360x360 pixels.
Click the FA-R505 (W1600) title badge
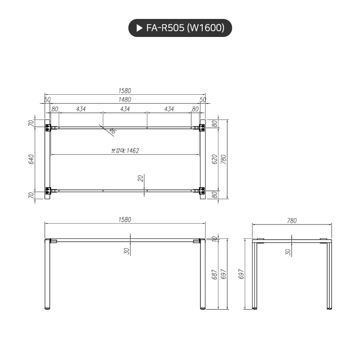180,28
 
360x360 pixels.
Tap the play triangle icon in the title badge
139,28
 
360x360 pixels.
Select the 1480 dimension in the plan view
125,100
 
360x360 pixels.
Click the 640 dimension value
32,159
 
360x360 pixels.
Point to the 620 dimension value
214,159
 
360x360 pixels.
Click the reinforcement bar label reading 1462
125,151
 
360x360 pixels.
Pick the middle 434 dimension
125,109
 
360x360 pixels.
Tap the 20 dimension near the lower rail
140,178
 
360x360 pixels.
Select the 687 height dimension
214,274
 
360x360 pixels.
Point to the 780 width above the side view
291,220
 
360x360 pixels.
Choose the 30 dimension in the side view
288,252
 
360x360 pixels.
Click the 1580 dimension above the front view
125,220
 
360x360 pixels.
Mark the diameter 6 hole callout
112,130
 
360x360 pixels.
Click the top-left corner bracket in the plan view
48,127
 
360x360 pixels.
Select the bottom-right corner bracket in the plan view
202,190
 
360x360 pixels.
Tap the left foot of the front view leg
47,309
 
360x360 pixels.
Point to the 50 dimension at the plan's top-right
203,100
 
